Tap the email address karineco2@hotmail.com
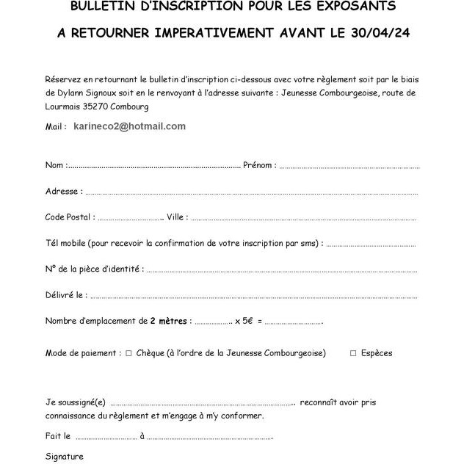point(130,126)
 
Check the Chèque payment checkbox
point(128,353)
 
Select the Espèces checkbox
point(353,353)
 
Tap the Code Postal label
point(70,217)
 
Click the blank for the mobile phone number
point(371,244)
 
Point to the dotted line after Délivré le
point(253,297)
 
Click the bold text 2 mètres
point(169,321)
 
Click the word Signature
point(65,457)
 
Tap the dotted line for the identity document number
point(282,271)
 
